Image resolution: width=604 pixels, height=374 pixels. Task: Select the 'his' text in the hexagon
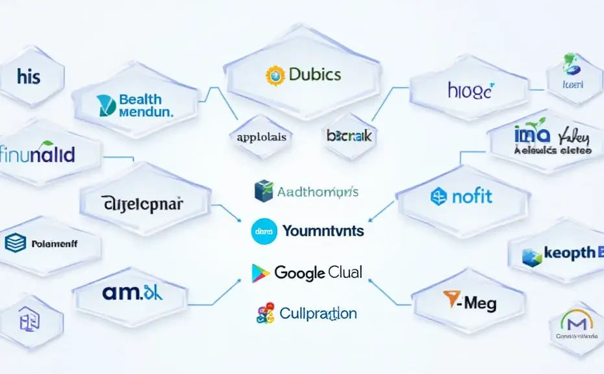[x=29, y=77]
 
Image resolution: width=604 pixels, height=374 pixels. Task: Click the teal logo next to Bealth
[x=107, y=105]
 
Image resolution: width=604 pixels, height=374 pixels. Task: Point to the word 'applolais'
[x=262, y=137]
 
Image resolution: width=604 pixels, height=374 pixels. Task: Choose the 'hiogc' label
[x=470, y=90]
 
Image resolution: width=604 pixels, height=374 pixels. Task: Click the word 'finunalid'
[x=38, y=155]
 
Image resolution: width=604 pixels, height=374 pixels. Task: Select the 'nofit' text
[x=471, y=195]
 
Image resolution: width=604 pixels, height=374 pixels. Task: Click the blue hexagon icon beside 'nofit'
[x=439, y=196]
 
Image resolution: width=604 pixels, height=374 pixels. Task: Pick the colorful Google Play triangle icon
[x=260, y=273]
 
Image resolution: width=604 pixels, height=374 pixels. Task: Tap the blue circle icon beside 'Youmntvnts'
[x=264, y=230]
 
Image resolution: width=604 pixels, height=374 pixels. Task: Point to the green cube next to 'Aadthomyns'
[x=264, y=191]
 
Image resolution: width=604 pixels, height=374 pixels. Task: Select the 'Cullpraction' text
[x=318, y=314]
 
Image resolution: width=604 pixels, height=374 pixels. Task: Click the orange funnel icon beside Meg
[x=451, y=299]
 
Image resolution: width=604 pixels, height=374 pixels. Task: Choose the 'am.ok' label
[x=132, y=292]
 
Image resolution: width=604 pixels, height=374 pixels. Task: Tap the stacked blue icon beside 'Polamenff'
[x=14, y=243]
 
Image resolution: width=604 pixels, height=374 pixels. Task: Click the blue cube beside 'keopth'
[x=532, y=257]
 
